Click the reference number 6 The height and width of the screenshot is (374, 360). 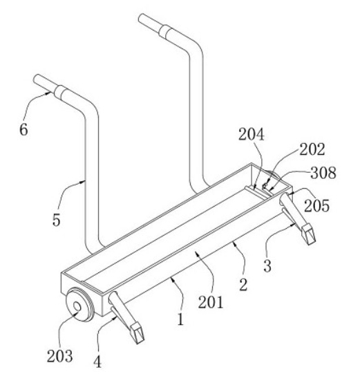24,130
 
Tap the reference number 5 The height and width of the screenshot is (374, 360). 57,220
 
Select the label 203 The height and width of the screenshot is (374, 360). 59,356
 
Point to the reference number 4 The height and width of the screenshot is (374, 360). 97,362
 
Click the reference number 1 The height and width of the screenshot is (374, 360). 181,319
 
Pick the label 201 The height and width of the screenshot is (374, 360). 211,302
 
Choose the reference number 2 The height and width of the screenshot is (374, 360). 243,285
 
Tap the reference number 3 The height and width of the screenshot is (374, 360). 267,266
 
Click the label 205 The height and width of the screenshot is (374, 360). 317,205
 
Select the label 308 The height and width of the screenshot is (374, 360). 323,173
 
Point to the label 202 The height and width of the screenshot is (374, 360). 312,149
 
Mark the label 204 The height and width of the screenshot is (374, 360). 252,135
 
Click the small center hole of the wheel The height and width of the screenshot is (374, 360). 77,306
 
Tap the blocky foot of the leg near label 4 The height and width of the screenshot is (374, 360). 137,333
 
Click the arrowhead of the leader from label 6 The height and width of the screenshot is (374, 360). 48,93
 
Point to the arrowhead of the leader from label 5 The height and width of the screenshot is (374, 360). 83,182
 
